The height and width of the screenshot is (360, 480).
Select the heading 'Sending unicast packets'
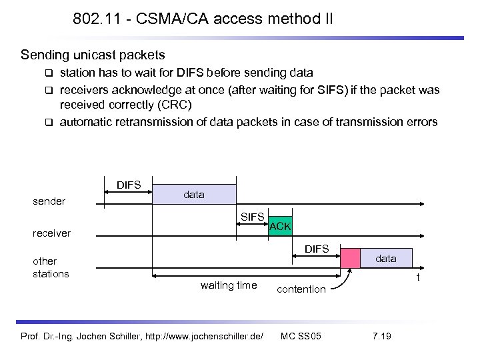point(93,53)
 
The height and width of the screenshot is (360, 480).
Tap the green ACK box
point(280,226)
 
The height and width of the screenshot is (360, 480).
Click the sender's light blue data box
point(194,194)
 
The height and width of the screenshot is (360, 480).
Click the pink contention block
point(349,259)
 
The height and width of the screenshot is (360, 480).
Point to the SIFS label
point(253,216)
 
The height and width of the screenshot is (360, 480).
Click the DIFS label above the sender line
point(128,184)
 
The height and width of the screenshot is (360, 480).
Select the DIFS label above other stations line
point(317,249)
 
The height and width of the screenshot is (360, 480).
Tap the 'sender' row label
point(49,201)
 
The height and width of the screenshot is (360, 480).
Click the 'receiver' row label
point(53,233)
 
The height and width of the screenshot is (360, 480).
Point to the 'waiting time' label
point(228,285)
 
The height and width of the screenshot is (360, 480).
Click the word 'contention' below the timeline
point(301,289)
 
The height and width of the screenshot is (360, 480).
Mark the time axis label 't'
point(418,277)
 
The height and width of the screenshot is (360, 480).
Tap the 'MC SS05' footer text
point(301,335)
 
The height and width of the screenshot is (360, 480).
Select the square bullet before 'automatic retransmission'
point(48,122)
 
